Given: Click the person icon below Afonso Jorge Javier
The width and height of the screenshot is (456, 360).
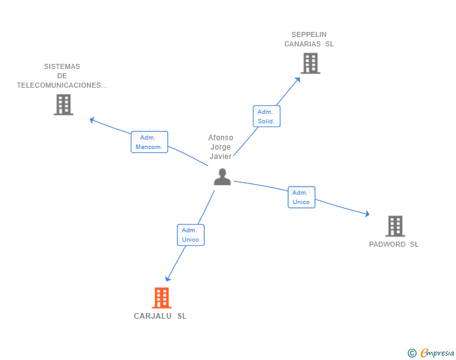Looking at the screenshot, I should [x=222, y=177].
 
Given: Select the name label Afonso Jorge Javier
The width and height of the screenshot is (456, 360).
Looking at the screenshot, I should [x=220, y=147].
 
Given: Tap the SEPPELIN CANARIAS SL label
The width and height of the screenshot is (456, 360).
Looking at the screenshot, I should [x=309, y=39].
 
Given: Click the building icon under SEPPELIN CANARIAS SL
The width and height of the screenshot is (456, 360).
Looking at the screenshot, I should [x=310, y=63].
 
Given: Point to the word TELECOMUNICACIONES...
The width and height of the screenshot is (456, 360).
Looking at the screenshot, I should [x=62, y=85].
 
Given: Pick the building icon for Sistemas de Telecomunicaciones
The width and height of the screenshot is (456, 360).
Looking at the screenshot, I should [x=63, y=105].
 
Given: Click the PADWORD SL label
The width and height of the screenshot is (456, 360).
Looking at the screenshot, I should [x=393, y=244].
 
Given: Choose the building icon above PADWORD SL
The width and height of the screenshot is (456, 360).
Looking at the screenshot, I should [x=395, y=225].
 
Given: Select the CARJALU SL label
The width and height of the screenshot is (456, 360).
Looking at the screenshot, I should [x=160, y=316].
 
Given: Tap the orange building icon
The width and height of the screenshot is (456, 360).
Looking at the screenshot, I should [x=162, y=298].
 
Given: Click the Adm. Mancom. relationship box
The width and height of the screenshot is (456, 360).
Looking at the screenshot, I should [x=149, y=143].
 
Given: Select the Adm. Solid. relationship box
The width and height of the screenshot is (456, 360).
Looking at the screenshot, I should [x=266, y=116].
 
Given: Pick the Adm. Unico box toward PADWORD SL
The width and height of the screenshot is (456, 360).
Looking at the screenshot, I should [x=301, y=197].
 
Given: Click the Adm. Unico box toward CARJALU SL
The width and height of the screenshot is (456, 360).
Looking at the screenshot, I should [x=190, y=235].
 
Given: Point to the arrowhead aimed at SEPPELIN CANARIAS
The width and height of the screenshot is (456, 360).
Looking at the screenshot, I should [x=298, y=79].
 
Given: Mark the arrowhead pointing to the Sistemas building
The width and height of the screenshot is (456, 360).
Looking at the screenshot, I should [x=92, y=119].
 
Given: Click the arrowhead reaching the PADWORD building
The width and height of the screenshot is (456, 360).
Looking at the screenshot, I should [x=366, y=214].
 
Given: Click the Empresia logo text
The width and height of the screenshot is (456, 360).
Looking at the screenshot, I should [x=437, y=353].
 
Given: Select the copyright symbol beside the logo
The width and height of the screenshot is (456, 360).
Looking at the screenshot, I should [x=412, y=353].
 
